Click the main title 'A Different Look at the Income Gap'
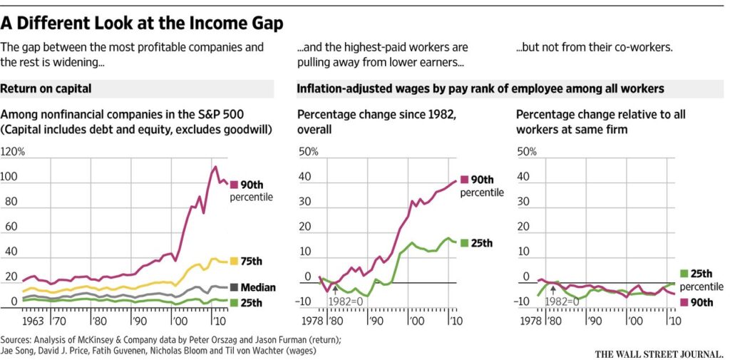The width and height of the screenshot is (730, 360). [142, 23]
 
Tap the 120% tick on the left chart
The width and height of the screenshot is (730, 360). [14, 152]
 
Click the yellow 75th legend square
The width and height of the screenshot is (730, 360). [234, 262]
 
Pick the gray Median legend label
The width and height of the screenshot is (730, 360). [257, 287]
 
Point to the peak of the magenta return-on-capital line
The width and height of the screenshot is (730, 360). [215, 167]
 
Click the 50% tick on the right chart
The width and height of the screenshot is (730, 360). [526, 152]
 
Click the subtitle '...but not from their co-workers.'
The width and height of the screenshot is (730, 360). [594, 48]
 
